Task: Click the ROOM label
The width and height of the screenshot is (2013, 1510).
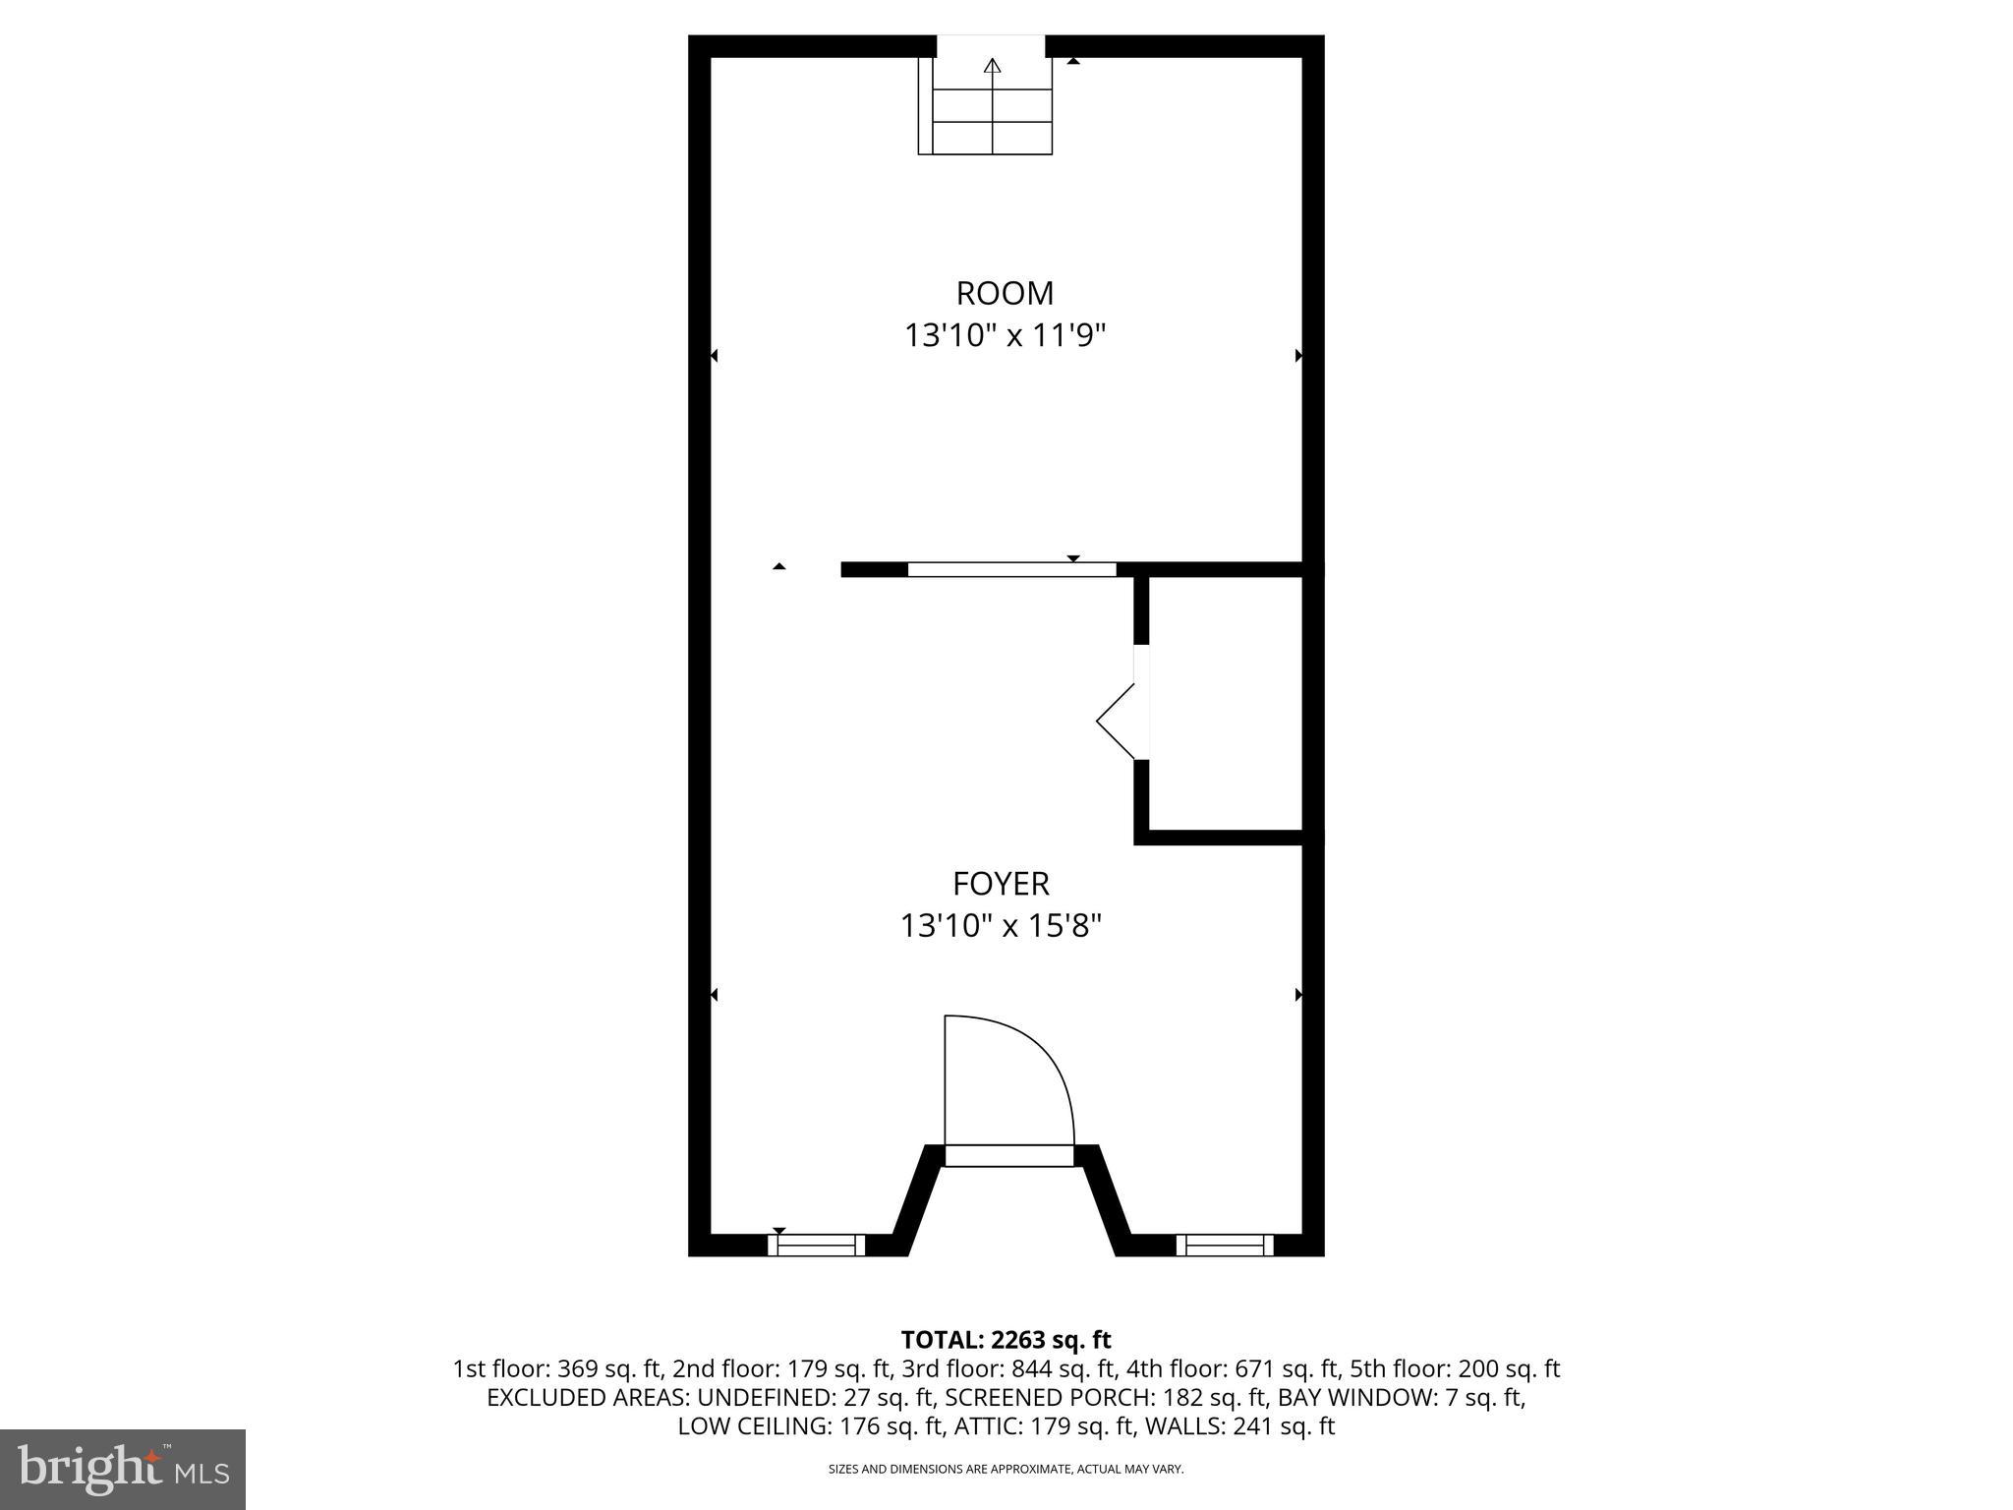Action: pyautogui.click(x=1005, y=293)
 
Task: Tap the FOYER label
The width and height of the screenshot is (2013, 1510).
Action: pyautogui.click(x=1001, y=884)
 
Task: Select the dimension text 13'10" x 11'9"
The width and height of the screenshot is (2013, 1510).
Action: pyautogui.click(x=1005, y=336)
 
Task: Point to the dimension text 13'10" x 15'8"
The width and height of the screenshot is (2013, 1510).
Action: pyautogui.click(x=1001, y=926)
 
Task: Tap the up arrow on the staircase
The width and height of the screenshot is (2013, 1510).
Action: pyautogui.click(x=993, y=67)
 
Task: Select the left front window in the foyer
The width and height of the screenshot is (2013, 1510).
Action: pyautogui.click(x=817, y=1245)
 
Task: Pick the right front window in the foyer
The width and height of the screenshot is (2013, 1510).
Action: pyautogui.click(x=1225, y=1245)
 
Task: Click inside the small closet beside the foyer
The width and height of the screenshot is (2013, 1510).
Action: pyautogui.click(x=1225, y=704)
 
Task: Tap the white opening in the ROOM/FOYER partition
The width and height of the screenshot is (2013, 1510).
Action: pyautogui.click(x=1011, y=569)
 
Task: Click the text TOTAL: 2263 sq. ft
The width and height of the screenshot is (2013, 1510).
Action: pyautogui.click(x=1006, y=1340)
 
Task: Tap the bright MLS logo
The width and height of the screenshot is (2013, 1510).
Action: pyautogui.click(x=123, y=1470)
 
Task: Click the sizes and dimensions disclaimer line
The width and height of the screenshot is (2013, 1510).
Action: pyautogui.click(x=1006, y=1469)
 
